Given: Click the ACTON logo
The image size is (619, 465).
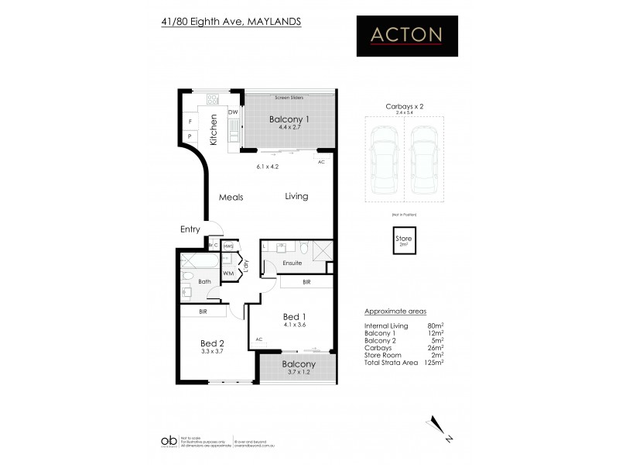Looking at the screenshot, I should click(405, 35).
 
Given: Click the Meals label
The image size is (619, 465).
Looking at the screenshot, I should click(231, 197).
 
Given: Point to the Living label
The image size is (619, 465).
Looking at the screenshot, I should click(296, 196).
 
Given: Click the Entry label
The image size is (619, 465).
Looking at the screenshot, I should click(190, 229).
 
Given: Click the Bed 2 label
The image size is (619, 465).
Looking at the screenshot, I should click(212, 343).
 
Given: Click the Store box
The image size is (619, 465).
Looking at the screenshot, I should click(404, 240).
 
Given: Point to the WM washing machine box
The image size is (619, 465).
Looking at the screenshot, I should click(228, 273).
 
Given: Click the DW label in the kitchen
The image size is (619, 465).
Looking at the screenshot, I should click(231, 112).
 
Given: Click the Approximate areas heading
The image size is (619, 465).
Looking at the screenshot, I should click(396, 312).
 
